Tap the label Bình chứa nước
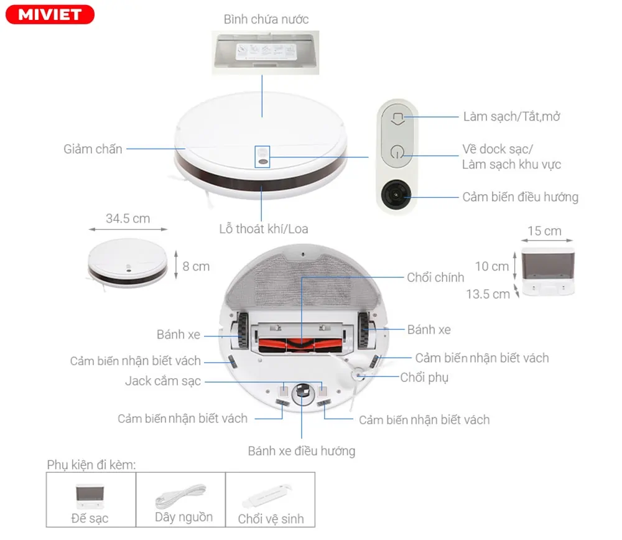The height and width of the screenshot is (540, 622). tap(266, 19)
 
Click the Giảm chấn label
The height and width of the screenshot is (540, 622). tap(93, 149)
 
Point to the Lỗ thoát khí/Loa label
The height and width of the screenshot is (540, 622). tap(263, 228)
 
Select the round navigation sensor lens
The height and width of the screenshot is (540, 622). tap(396, 196)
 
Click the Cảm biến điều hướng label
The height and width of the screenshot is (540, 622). tap(520, 197)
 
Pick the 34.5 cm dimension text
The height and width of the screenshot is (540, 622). tap(128, 218)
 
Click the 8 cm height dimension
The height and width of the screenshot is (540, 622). tap(196, 266)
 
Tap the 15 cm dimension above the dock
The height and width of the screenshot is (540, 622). tap(544, 231)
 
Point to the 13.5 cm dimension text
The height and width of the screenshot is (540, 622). tap(488, 294)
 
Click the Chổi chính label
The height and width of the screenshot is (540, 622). tap(435, 277)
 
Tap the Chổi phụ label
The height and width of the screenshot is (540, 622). tap(424, 377)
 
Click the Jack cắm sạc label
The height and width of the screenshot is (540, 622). tap(163, 381)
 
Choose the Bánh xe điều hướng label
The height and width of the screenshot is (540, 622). tap(302, 450)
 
